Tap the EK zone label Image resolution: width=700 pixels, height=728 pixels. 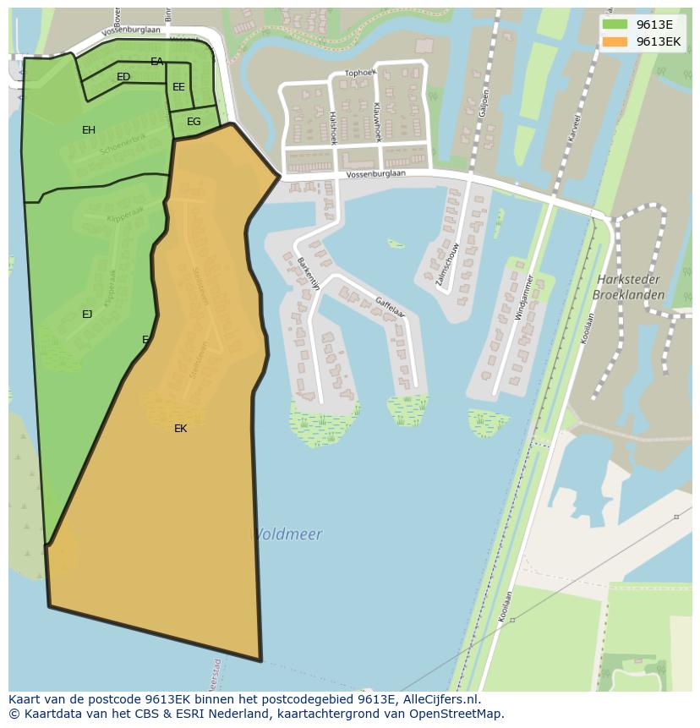pyautogui.click(x=180, y=429)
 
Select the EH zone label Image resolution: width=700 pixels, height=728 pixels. pyautogui.click(x=89, y=129)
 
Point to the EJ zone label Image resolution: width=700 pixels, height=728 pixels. pyautogui.click(x=87, y=315)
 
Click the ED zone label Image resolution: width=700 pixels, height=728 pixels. pyautogui.click(x=123, y=77)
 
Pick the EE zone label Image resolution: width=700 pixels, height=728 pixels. pyautogui.click(x=178, y=87)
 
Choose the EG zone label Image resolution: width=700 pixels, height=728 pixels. pyautogui.click(x=194, y=122)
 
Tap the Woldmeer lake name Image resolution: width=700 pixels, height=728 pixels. pyautogui.click(x=287, y=534)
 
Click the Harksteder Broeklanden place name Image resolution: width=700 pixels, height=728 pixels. pyautogui.click(x=628, y=287)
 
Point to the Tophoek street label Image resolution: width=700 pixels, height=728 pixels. pyautogui.click(x=360, y=73)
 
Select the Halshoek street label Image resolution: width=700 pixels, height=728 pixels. pyautogui.click(x=332, y=128)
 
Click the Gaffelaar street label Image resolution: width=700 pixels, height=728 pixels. pyautogui.click(x=391, y=305)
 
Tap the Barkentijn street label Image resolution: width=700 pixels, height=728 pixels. pyautogui.click(x=309, y=274)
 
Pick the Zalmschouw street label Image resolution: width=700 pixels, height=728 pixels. pyautogui.click(x=448, y=265)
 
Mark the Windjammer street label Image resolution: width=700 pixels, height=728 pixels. pyautogui.click(x=524, y=297)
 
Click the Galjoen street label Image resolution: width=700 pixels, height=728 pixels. pyautogui.click(x=484, y=102)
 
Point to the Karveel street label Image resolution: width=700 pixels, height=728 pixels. pyautogui.click(x=575, y=126)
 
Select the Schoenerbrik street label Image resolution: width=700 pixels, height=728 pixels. pyautogui.click(x=123, y=143)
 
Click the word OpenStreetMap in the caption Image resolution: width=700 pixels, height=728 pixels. pyautogui.click(x=456, y=714)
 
